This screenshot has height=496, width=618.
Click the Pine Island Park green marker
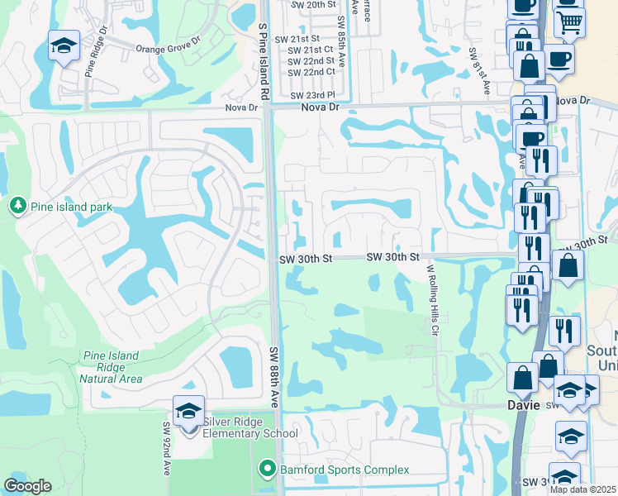17,204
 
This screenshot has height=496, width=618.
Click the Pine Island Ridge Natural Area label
112,367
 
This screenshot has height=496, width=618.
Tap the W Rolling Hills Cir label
430,293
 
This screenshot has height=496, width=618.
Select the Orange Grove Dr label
169,49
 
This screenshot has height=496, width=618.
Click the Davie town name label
522,406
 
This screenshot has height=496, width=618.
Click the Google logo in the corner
27,486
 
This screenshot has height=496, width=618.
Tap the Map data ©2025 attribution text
582,489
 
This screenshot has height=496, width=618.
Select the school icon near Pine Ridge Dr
63,45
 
